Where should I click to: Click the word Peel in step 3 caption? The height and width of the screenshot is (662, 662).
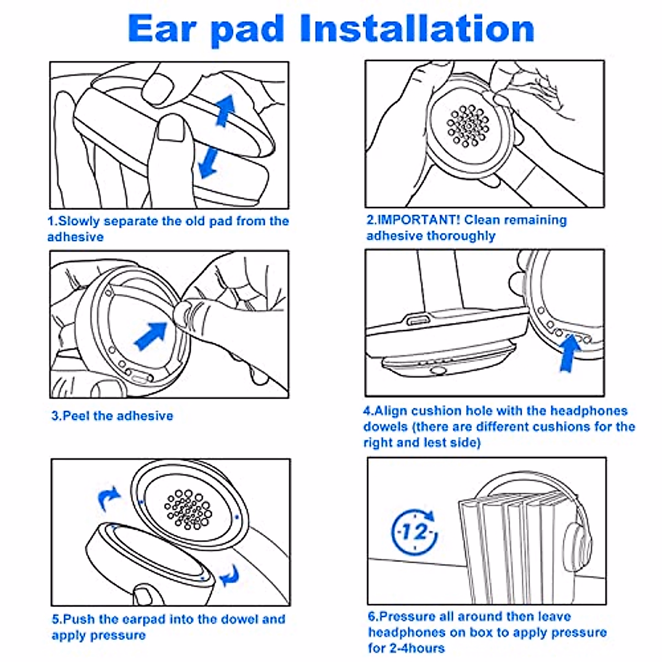tap(76, 415)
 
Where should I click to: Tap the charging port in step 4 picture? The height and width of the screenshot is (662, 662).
tap(418, 320)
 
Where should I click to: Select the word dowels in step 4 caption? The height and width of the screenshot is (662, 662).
tap(386, 426)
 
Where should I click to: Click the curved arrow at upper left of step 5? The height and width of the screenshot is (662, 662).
tap(108, 498)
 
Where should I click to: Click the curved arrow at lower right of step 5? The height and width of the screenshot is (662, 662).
tap(229, 576)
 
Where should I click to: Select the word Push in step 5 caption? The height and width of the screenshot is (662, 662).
tap(79, 619)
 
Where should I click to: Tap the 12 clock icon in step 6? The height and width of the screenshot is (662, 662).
tap(414, 532)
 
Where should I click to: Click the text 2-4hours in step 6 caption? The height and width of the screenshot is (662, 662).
tap(419, 648)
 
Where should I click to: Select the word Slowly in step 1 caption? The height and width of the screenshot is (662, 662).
tap(80, 221)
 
